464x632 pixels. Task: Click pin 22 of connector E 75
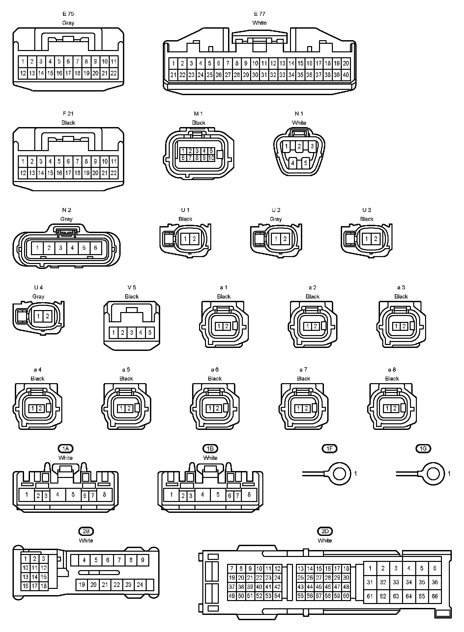pos(113,73)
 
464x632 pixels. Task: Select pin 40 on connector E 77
pos(345,75)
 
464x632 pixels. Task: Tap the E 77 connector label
pos(259,14)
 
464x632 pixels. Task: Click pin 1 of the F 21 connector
pos(23,161)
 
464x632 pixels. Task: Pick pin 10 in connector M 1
pos(211,158)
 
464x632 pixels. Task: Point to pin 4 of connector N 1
pos(293,163)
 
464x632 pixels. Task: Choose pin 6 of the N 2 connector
pos(96,248)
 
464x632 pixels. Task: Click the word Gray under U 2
pos(276,219)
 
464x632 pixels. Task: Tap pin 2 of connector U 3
pos(375,239)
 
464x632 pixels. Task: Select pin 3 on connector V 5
pos(131,333)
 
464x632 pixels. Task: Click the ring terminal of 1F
pos(340,474)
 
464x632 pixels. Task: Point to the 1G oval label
pos(423,448)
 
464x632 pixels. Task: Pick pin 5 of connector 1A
pos(73,494)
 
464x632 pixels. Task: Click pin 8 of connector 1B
pos(249,494)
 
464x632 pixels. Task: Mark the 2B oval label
pos(86,531)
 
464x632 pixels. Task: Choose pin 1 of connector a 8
pos(387,408)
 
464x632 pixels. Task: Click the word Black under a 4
pos(37,379)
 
